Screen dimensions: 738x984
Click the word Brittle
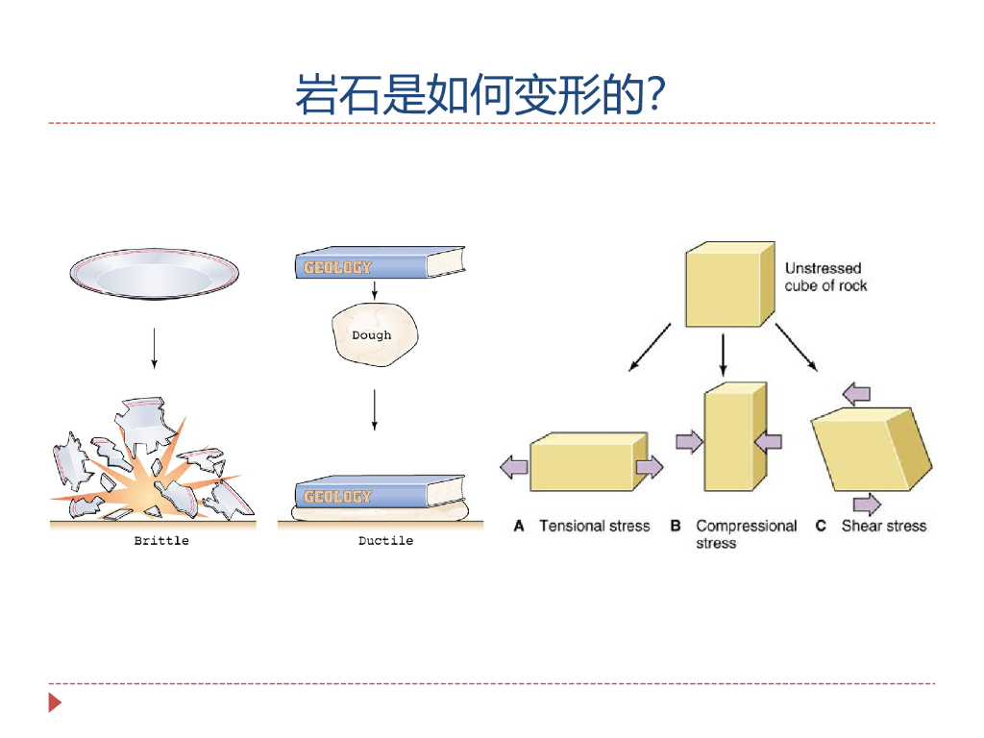click(x=161, y=541)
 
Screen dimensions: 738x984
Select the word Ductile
click(x=385, y=541)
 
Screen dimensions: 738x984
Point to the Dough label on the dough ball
click(x=372, y=335)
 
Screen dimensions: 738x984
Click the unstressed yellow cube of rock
click(x=728, y=284)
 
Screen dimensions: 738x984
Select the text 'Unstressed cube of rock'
click(x=824, y=277)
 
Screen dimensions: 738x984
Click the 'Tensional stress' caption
click(x=594, y=526)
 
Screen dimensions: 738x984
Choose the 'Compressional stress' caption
click(x=746, y=534)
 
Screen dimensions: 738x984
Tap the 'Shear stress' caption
click(x=883, y=526)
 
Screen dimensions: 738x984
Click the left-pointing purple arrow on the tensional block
click(x=514, y=468)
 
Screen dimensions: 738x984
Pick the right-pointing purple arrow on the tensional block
click(x=650, y=467)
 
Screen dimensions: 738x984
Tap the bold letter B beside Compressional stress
click(x=676, y=527)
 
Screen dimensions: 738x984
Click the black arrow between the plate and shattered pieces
click(x=154, y=348)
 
